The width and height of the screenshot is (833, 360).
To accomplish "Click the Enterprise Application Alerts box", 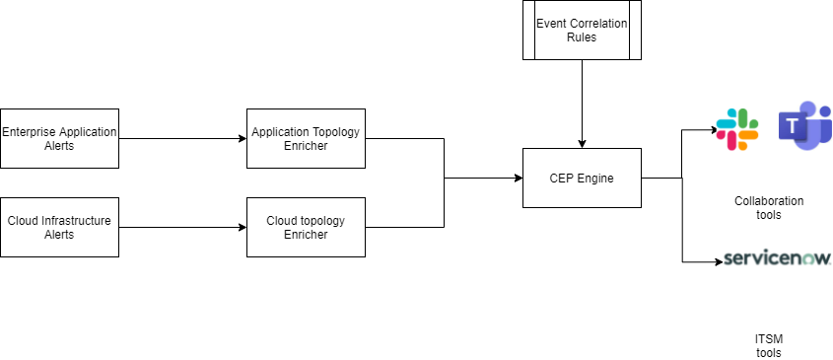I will click(x=59, y=138).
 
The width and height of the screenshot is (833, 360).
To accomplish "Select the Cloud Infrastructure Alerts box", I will click(x=59, y=227).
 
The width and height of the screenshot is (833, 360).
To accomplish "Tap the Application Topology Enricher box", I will click(x=306, y=138).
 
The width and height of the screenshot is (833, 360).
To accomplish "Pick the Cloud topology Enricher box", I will click(x=306, y=227).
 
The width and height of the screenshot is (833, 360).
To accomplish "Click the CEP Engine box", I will click(x=582, y=178).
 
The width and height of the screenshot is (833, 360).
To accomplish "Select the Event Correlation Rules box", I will click(x=582, y=30).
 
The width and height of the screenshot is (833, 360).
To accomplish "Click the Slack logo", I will click(x=737, y=128).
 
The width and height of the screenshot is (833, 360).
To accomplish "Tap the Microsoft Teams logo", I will click(x=804, y=126).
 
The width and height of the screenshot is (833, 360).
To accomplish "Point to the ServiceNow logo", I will click(x=777, y=258).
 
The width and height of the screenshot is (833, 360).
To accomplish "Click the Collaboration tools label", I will click(x=769, y=207).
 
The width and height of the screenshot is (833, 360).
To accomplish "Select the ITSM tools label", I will click(x=769, y=345).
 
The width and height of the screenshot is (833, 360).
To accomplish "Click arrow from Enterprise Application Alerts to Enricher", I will click(x=182, y=138).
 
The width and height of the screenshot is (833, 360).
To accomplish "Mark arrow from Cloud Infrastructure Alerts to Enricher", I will click(x=182, y=227).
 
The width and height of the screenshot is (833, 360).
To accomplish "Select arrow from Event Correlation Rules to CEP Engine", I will click(x=582, y=104).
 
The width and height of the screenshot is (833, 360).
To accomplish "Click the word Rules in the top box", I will click(x=582, y=37).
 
